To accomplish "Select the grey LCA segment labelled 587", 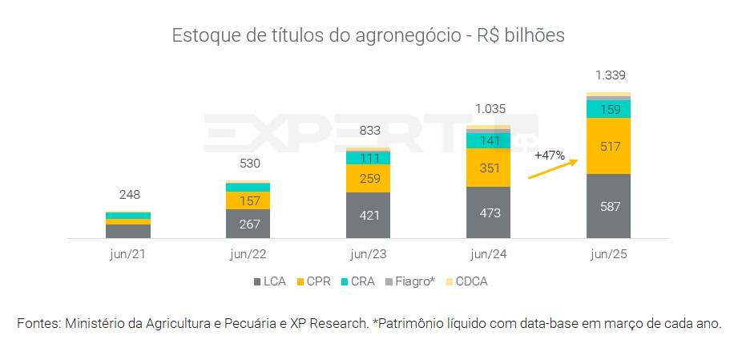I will (x=608, y=206).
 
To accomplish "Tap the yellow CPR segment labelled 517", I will (x=608, y=146).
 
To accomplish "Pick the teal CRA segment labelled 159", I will (x=608, y=109).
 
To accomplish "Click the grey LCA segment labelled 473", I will (x=488, y=212).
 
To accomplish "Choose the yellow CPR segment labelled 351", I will (x=488, y=168).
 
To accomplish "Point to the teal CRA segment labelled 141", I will (x=488, y=141).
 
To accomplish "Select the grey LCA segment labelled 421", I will (x=368, y=215).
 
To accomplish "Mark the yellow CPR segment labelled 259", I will (x=368, y=178).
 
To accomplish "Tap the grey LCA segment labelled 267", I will (x=248, y=224).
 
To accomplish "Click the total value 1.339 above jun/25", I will (x=610, y=75).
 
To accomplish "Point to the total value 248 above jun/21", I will (x=129, y=195).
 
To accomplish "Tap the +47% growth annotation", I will (x=550, y=154).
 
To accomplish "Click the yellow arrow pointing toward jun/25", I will (x=553, y=168).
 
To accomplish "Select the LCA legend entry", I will (x=272, y=281).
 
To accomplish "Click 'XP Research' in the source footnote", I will (x=329, y=324).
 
